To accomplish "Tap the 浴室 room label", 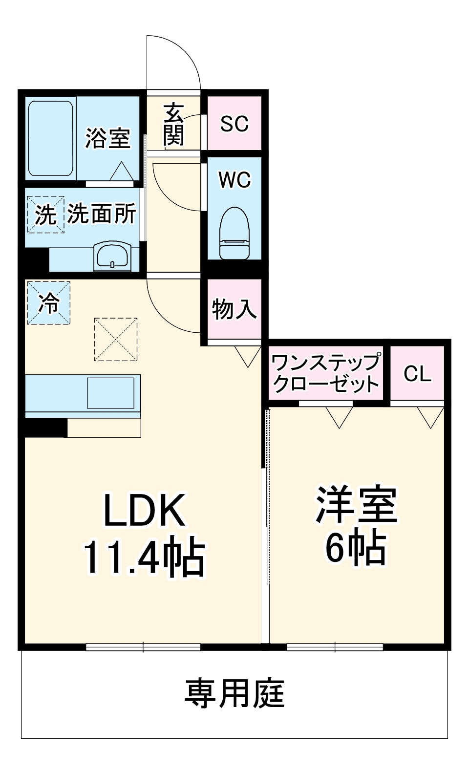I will coord(108,138).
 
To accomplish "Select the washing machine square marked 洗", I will coord(45,215).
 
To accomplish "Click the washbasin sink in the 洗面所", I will coord(112,255).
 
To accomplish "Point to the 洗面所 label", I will coord(102,214).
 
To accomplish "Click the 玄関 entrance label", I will coord(173,125).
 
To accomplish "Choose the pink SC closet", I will coord(234,123).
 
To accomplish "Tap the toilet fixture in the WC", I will coord(234,233).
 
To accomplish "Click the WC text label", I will coord(234,180).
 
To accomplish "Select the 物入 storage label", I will coord(234,309).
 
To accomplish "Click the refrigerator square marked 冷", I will coord(48,303).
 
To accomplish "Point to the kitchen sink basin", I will coord(110,392).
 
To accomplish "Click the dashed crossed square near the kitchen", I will coord(116,339).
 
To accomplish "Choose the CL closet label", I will coord(418,374).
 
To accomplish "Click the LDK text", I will coord(144,511).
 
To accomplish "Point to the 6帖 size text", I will coord(356,547).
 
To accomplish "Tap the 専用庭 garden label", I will coord(234,693).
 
